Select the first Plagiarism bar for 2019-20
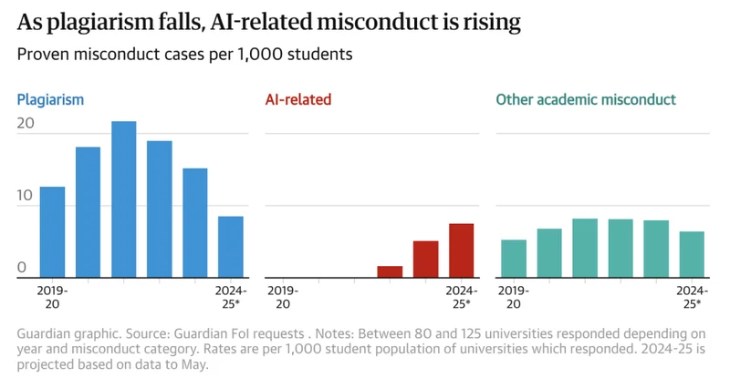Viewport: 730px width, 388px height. point(52,231)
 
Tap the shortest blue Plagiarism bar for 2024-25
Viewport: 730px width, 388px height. point(230,246)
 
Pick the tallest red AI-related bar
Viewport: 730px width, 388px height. point(461,250)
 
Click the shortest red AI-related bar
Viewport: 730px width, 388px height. point(390,271)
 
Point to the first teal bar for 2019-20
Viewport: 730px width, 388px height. point(514,258)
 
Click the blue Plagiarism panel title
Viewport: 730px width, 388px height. point(50,99)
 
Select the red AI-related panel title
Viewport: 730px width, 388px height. point(297,99)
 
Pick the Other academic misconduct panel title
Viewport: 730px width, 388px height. point(586,99)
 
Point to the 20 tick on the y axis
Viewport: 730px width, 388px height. point(26,123)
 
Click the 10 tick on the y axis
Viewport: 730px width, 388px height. point(26,196)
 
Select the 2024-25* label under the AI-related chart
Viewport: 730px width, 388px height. point(461,297)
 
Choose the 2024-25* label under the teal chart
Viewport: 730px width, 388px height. point(692,297)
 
